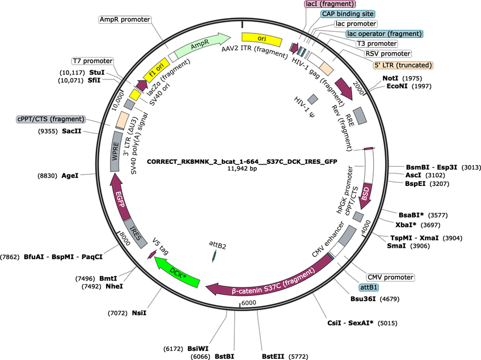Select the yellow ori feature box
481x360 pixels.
[x=261, y=39]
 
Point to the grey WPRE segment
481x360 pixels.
[x=115, y=151]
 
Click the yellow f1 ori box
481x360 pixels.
[x=156, y=70]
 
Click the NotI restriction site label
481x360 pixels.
[x=390, y=78]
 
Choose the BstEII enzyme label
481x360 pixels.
[x=273, y=357]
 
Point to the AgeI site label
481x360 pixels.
[x=70, y=176]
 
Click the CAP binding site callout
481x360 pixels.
[x=348, y=14]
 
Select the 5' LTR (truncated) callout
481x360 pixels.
[x=403, y=65]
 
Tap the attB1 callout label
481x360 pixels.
[x=369, y=287]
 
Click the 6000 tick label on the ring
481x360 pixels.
[x=248, y=303]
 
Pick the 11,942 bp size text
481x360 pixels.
[x=242, y=168]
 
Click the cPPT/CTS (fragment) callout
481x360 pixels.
[x=50, y=119]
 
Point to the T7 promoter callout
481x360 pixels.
[x=92, y=61]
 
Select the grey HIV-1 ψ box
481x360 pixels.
[x=313, y=99]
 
